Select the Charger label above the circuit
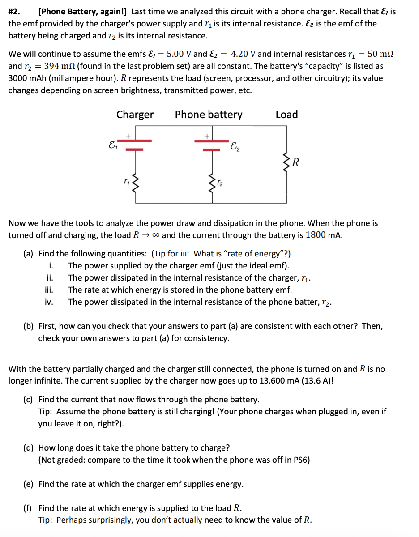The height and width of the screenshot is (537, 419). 135,115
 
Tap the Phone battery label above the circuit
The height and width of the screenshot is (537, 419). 208,115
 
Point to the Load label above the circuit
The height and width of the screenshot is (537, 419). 286,115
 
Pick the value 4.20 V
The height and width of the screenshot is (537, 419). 244,54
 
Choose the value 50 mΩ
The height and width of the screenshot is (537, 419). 380,54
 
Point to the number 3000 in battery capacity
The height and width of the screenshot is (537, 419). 19,78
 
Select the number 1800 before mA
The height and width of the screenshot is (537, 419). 317,235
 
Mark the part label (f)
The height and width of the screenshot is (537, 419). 28,508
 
